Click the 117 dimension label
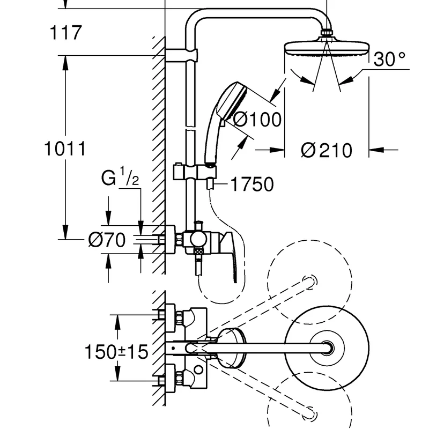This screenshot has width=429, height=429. click(65, 33)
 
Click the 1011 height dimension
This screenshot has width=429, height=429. click(65, 149)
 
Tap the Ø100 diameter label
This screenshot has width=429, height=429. click(257, 120)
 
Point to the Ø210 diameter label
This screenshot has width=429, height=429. click(327, 150)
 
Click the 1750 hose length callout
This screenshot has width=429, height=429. click(252, 184)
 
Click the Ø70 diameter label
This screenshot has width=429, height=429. click(107, 240)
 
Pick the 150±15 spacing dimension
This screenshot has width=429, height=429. click(116, 352)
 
